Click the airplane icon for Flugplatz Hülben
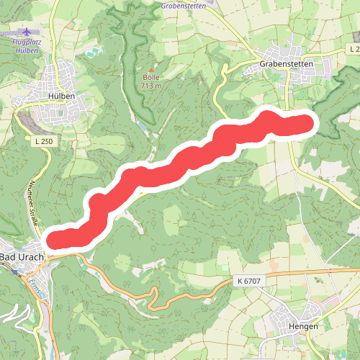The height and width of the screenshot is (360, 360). tap(27, 32)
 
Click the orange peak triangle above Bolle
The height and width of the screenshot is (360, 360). tap(150, 69)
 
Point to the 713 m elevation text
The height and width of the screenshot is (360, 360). tap(150, 86)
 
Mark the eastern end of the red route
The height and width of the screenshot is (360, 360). tap(308, 124)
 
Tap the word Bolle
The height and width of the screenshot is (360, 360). tap(150, 77)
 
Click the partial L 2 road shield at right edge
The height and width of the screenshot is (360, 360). tap(353, 48)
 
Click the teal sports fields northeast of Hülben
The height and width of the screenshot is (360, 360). tap(91, 53)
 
